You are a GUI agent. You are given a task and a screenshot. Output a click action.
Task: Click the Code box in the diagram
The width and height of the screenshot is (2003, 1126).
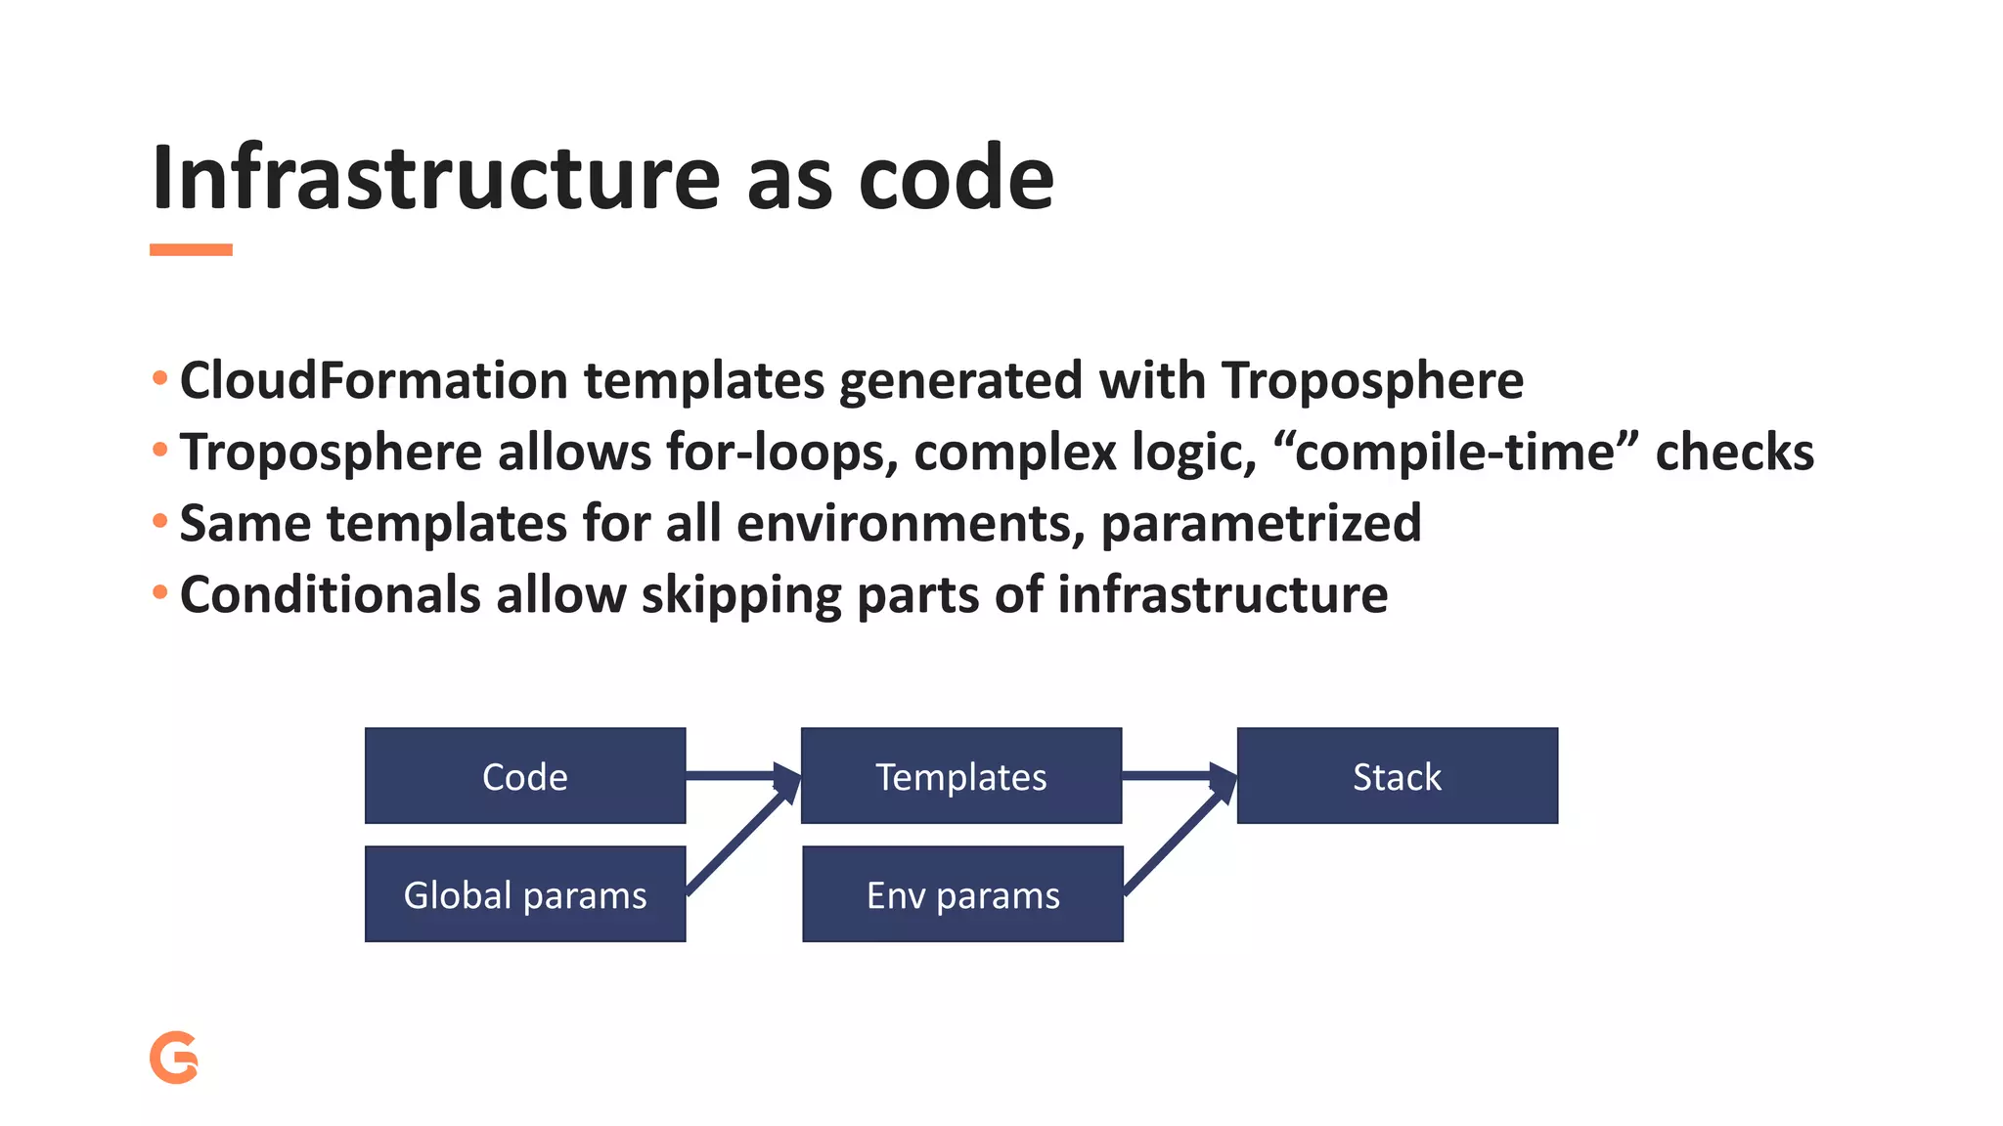pos(525,776)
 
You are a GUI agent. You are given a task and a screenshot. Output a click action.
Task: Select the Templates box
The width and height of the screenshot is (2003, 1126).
pos(960,776)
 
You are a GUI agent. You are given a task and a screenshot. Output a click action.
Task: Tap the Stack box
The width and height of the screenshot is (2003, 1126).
pos(1397,776)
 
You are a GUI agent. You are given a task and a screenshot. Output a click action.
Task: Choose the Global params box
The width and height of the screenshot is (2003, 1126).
pos(525,894)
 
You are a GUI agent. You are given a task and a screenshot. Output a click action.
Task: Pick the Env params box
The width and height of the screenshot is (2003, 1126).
pos(962,894)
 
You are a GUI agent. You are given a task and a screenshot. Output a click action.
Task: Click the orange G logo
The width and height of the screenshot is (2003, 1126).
pos(174,1058)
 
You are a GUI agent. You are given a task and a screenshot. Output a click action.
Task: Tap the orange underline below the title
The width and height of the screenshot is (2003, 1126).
pos(191,250)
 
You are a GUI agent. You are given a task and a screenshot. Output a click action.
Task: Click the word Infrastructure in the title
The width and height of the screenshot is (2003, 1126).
pos(435,178)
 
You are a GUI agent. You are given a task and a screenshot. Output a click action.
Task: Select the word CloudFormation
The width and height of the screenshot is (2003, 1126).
pos(374,380)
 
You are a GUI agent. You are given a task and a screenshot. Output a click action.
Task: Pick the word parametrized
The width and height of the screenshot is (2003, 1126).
pos(1261,523)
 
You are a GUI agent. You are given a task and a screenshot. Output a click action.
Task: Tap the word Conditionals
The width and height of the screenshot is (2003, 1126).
pos(330,594)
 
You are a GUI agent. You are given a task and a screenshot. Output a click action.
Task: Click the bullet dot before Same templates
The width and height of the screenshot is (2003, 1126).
pos(160,521)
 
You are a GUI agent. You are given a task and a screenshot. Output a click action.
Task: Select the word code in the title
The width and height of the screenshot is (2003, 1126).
pos(956,178)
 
